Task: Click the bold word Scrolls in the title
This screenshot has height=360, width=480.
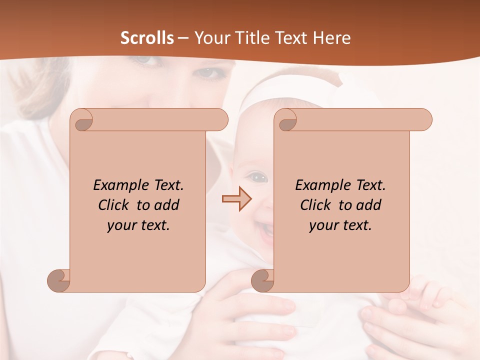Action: coord(147,38)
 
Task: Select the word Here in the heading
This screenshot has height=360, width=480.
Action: coord(332,38)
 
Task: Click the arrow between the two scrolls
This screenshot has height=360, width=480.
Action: coord(237,198)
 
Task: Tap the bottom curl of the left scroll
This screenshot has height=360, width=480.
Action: coord(58,280)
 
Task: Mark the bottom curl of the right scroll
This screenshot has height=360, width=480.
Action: coord(262,280)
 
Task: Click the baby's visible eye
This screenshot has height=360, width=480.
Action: coord(258,176)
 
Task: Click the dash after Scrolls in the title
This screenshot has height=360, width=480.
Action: coord(183,38)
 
